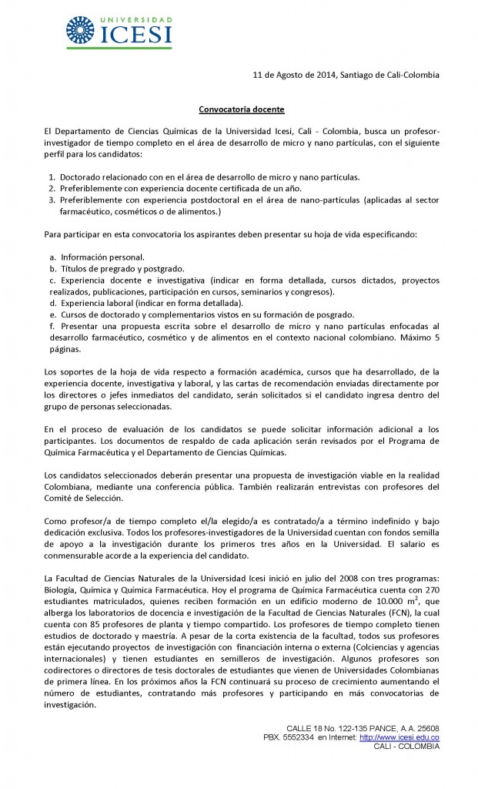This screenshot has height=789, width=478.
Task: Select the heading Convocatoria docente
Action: pos(239,110)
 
